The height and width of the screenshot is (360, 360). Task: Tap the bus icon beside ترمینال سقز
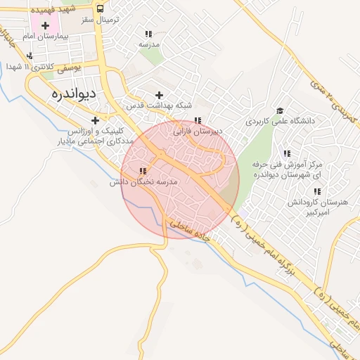(x=101, y=9)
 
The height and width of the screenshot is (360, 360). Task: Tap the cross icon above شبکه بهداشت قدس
(x=160, y=95)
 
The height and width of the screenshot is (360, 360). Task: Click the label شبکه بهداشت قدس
(x=160, y=105)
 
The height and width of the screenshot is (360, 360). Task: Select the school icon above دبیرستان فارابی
(x=198, y=120)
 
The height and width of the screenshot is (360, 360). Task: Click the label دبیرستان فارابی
(x=198, y=131)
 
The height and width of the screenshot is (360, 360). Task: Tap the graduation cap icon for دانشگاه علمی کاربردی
(x=280, y=110)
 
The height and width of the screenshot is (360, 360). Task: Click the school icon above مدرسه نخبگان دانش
(x=143, y=171)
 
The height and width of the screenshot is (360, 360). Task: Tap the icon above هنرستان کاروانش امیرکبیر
(x=317, y=191)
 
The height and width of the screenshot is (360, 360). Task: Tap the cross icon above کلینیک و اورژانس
(x=95, y=120)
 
